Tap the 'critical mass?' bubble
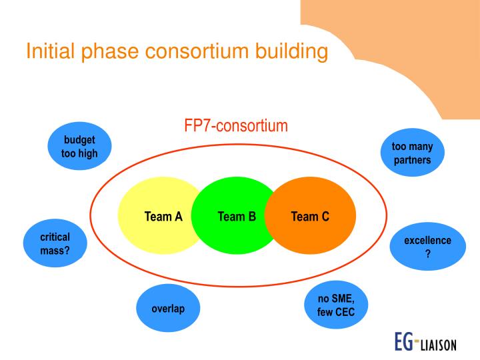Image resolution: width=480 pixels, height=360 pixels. (x=55, y=243)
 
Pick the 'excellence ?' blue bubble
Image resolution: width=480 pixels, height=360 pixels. (x=427, y=247)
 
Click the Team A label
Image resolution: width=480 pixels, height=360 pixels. (x=163, y=216)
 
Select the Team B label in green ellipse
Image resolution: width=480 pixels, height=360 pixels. (x=237, y=216)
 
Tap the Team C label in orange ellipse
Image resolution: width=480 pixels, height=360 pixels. (x=310, y=216)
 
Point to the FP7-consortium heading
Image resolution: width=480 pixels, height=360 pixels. (x=236, y=125)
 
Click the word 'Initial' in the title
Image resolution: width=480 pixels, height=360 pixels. (x=49, y=51)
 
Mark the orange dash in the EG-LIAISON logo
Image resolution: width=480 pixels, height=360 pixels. (x=419, y=341)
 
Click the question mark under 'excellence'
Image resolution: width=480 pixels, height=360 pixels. (x=427, y=253)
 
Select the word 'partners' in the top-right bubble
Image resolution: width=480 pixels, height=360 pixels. (x=411, y=160)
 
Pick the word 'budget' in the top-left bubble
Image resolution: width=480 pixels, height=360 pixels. (x=79, y=140)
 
